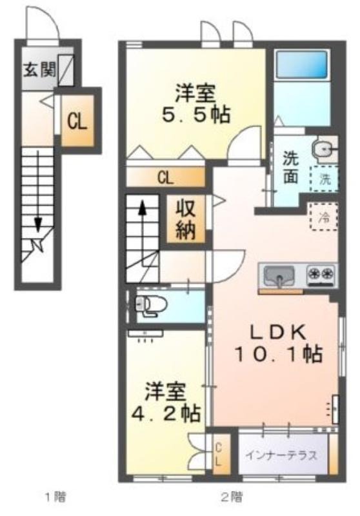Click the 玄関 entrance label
39,70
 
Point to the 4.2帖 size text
166,413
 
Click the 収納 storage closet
186,219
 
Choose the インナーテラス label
282,455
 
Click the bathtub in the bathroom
302,64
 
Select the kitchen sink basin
280,275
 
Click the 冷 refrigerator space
324,217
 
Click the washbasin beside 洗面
325,150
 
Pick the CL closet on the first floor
77,121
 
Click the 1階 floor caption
55,496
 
